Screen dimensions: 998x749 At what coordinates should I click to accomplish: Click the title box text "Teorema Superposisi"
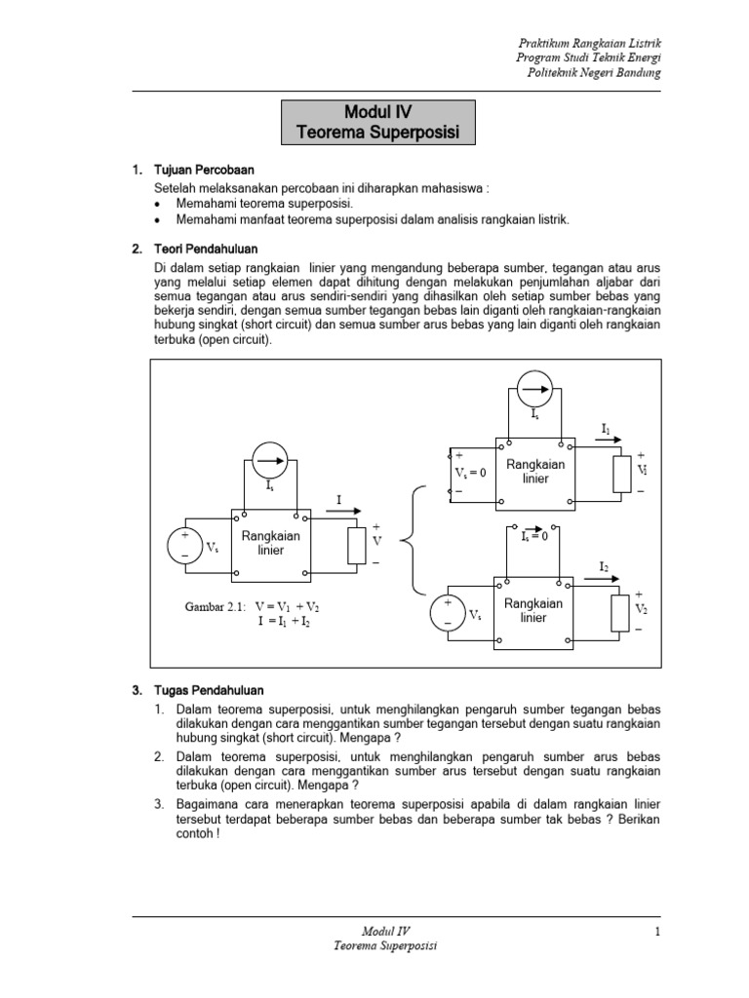[x=378, y=132]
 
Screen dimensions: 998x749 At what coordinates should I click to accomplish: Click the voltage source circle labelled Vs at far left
[x=184, y=545]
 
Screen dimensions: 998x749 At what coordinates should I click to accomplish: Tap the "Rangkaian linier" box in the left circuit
[x=270, y=543]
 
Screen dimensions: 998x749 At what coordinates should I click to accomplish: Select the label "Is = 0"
[x=534, y=536]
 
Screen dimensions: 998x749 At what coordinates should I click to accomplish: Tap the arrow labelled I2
[x=604, y=579]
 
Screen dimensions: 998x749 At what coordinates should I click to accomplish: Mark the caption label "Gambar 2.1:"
[x=216, y=606]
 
